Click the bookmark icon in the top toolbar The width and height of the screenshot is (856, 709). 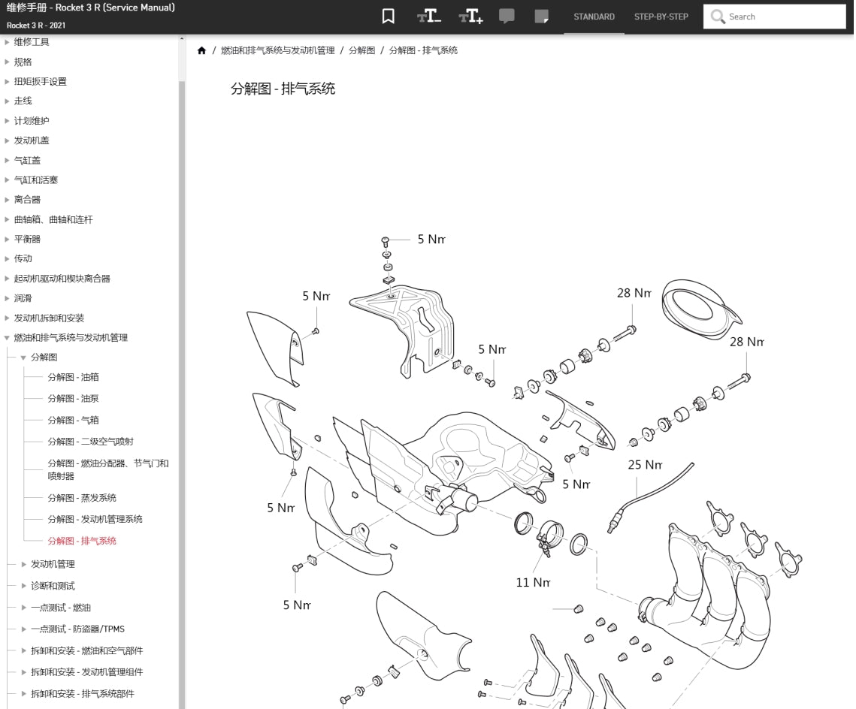tap(388, 17)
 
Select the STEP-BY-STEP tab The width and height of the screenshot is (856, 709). tap(661, 17)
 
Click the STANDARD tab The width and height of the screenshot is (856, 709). tap(594, 17)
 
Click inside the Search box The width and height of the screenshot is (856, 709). tap(782, 17)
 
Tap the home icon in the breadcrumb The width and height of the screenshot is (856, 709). tap(201, 50)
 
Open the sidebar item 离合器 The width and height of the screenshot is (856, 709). tap(27, 200)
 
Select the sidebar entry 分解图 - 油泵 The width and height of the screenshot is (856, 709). tap(73, 399)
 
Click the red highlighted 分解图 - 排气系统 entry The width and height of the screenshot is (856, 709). tap(82, 541)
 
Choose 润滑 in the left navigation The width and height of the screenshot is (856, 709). tap(23, 298)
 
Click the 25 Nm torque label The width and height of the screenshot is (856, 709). tap(645, 465)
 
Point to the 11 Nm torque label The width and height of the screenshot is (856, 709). tap(533, 582)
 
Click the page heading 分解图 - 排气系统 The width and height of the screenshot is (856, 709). tap(283, 89)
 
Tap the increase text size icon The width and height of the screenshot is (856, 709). tap(470, 17)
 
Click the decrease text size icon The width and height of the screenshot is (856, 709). tap(429, 17)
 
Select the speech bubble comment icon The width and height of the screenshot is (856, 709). tap(507, 17)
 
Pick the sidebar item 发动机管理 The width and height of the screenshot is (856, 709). tap(53, 564)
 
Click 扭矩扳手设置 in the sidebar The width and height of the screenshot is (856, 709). tap(40, 82)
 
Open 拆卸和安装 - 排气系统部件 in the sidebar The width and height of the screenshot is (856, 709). tap(83, 694)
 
